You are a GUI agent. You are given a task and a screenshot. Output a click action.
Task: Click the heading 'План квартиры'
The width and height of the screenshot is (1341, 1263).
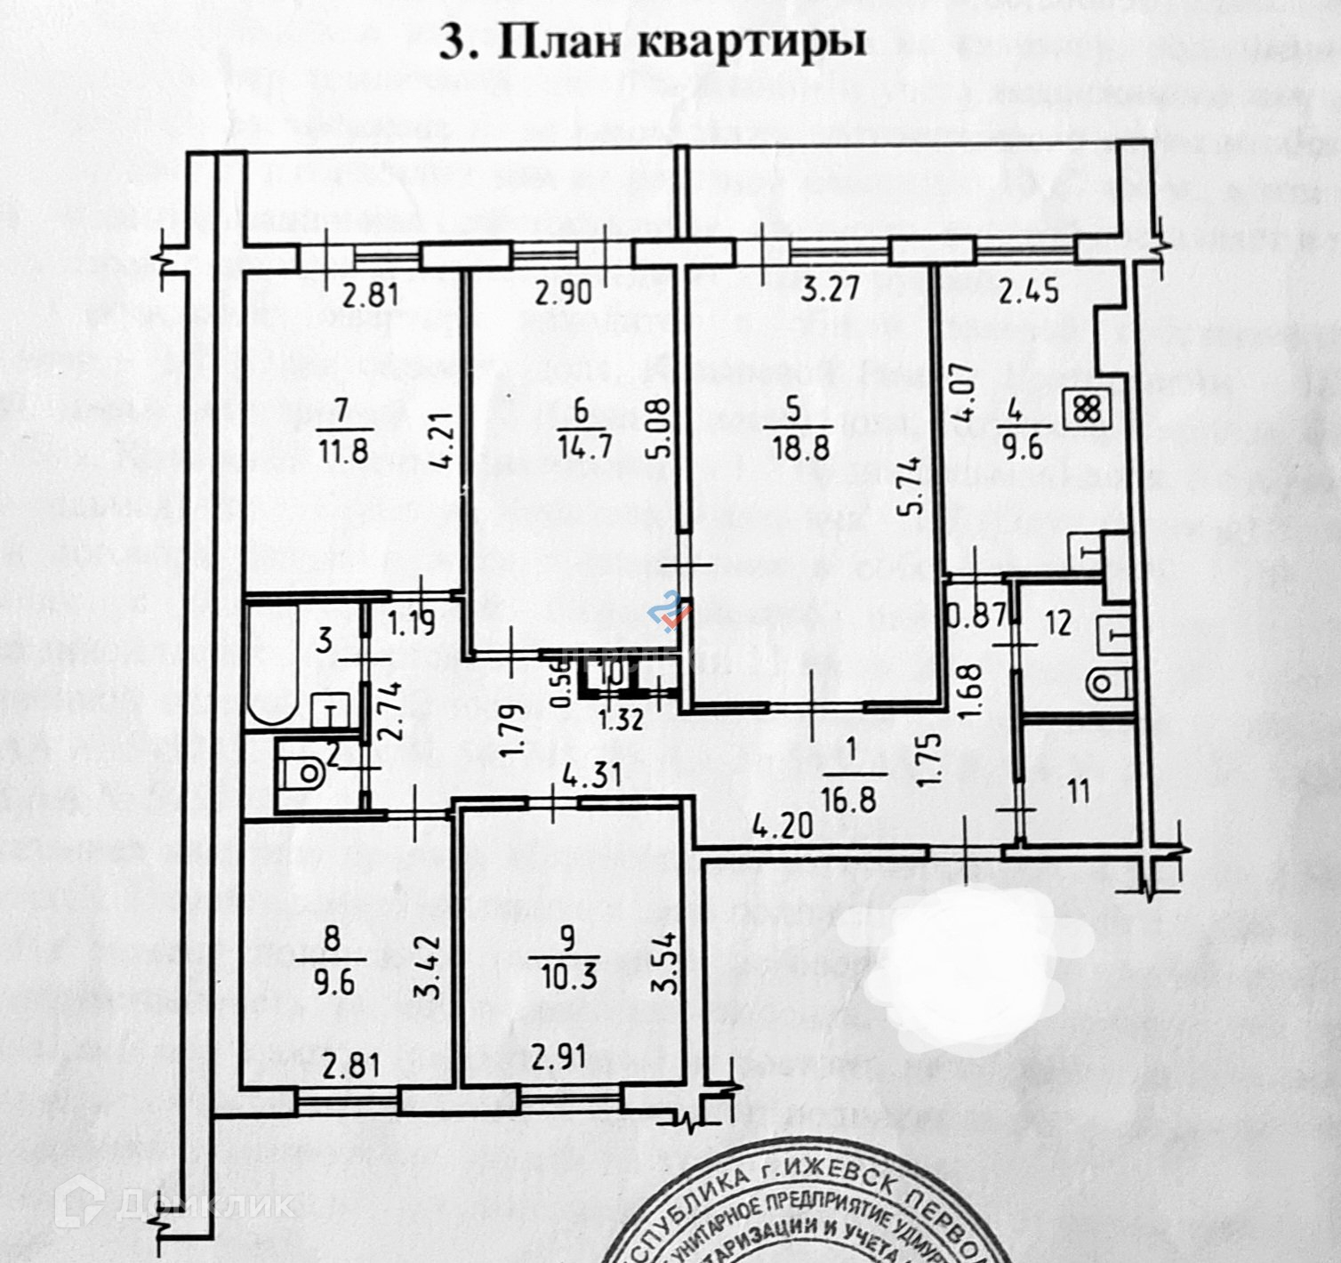pos(653,42)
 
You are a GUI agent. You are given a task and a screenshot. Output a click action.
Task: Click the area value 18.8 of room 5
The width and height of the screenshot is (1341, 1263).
pos(793,446)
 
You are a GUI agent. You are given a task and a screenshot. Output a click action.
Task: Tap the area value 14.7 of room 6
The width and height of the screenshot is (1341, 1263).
pos(581,446)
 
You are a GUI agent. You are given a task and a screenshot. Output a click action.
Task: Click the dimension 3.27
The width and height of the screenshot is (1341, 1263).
pos(821,292)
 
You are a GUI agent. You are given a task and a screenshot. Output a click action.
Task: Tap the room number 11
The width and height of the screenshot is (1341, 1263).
pos(1078,790)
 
